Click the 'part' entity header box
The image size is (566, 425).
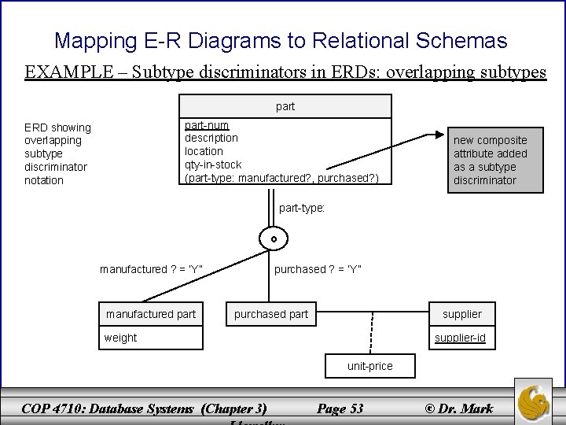[285, 106]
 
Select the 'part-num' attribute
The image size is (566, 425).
[208, 125]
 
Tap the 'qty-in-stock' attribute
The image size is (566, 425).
[213, 164]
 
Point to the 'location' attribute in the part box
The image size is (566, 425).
[204, 151]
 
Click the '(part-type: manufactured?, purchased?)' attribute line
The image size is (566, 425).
[281, 179]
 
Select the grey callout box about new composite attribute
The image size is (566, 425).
[491, 160]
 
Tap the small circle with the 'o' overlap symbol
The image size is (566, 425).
[274, 238]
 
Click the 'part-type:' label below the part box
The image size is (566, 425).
[303, 209]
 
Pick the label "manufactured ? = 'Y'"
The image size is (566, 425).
[152, 270]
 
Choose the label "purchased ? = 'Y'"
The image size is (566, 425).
[318, 270]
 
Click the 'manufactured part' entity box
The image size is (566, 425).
[151, 314]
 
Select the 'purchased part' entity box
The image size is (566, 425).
[271, 314]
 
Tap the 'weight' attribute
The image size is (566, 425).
[120, 338]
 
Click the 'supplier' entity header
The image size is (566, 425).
[461, 314]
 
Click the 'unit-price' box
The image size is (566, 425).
[369, 366]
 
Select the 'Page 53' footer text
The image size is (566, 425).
[339, 408]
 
